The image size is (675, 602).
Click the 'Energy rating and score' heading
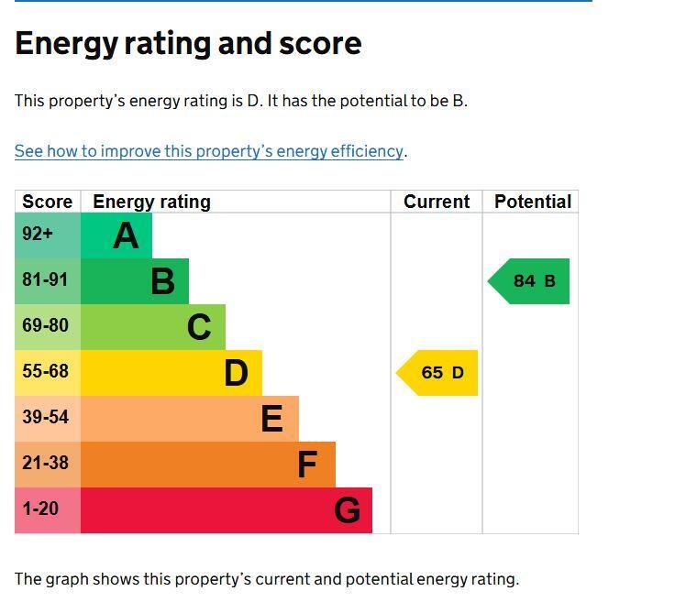(x=188, y=43)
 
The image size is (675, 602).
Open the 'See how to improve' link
(x=209, y=151)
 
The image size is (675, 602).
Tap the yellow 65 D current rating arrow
(x=437, y=373)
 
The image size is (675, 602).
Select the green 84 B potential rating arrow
(x=528, y=281)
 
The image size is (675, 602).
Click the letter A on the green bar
(x=126, y=235)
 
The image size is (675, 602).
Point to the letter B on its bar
(x=162, y=281)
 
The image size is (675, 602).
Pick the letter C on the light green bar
(x=199, y=327)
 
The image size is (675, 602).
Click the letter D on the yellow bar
(x=236, y=373)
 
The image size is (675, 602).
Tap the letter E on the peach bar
(x=272, y=419)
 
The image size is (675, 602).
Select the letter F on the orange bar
(x=307, y=465)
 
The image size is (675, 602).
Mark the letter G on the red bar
(x=347, y=510)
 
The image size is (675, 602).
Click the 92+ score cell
(x=48, y=235)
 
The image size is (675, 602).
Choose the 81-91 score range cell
(x=48, y=281)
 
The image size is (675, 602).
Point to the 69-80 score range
(x=48, y=327)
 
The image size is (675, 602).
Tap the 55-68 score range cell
(x=48, y=373)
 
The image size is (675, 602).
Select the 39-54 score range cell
(x=48, y=419)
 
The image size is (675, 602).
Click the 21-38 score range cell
(x=48, y=465)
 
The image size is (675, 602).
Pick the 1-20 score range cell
(x=48, y=510)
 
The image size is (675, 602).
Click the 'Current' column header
(x=437, y=202)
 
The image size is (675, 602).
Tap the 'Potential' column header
(x=533, y=202)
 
